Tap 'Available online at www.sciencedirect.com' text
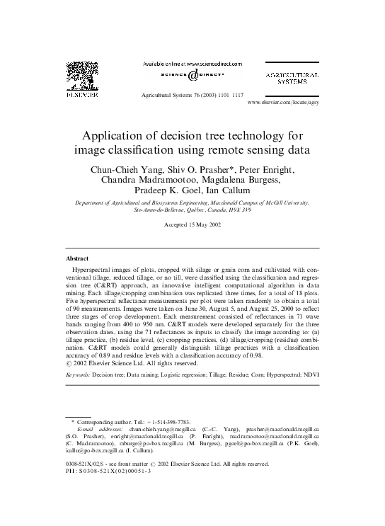click(x=192, y=64)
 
